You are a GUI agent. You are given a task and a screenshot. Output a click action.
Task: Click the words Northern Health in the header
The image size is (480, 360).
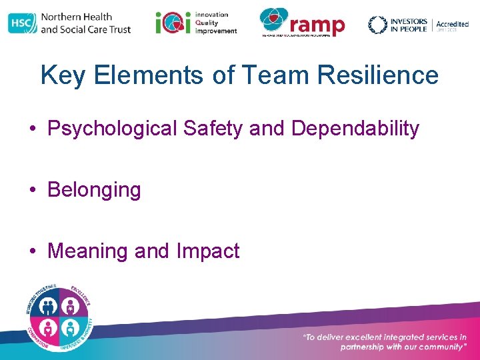tap(76, 17)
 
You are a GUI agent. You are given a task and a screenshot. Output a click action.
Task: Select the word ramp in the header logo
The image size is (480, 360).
tap(318, 25)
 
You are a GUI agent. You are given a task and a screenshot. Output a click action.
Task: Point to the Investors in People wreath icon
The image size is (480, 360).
tap(377, 25)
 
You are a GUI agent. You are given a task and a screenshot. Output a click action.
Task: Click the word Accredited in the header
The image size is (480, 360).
tap(453, 24)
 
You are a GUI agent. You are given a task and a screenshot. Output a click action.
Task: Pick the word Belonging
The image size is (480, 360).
tap(94, 190)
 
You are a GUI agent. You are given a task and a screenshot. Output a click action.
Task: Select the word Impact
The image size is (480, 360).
tap(207, 251)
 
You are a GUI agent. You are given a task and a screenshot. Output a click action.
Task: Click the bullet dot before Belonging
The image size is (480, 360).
tap(33, 191)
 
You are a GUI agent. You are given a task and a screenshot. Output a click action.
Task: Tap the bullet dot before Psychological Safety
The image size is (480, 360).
tap(33, 129)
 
